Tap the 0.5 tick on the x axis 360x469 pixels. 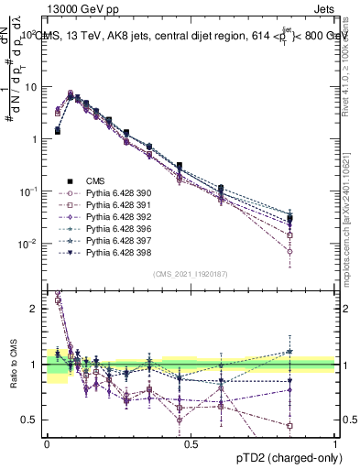coord(191,443)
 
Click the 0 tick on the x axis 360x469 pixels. coord(47,443)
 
